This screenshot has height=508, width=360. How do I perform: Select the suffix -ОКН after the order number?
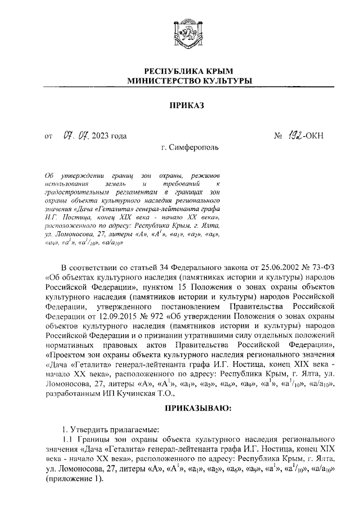pos(314,136)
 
